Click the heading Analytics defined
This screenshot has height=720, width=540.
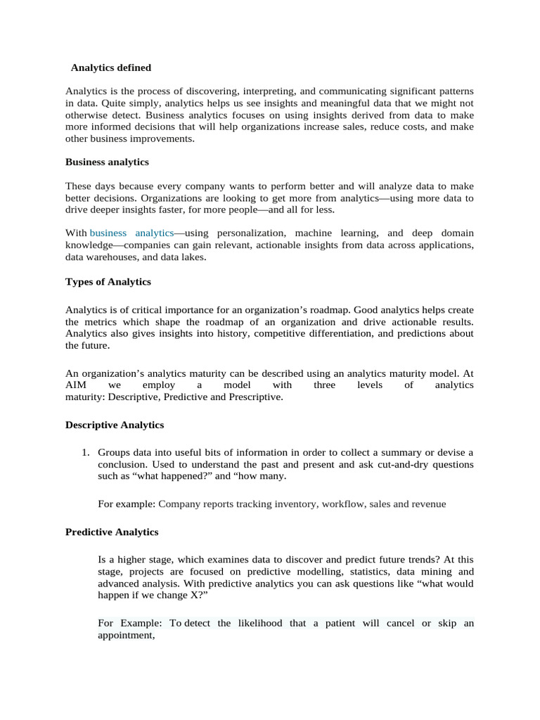[111, 67]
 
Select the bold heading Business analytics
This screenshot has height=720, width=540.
[107, 162]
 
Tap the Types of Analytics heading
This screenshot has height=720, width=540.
[108, 281]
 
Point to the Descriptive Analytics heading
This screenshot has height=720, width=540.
[115, 425]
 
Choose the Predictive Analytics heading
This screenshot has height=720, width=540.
[112, 532]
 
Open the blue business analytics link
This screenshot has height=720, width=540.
[131, 233]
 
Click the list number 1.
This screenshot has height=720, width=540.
[85, 451]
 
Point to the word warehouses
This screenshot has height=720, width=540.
[112, 257]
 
